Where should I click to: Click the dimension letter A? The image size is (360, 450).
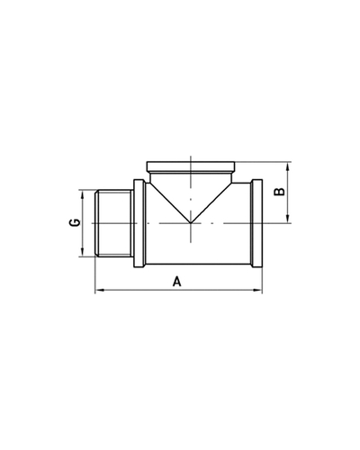[177, 282]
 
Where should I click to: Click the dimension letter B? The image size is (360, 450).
[280, 192]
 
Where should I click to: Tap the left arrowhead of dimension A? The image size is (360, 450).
[100, 290]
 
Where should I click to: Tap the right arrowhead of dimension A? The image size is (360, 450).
[258, 290]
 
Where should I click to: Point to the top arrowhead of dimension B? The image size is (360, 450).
[288, 166]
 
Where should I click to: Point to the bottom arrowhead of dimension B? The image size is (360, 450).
[288, 219]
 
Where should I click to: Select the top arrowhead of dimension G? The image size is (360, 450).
[82, 194]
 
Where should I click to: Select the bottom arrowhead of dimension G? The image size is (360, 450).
[82, 252]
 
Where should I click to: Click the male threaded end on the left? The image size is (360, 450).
[114, 223]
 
